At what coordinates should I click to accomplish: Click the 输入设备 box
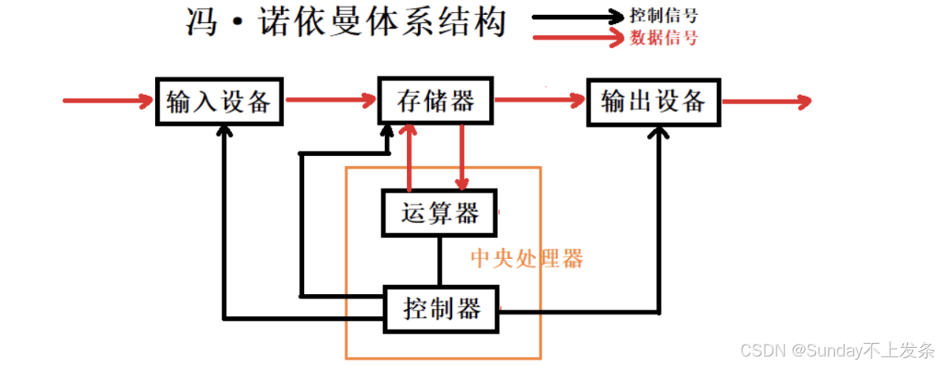point(218,101)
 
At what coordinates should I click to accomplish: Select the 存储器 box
point(436,101)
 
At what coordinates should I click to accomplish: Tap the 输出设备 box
point(653,101)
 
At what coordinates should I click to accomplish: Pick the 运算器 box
point(439,213)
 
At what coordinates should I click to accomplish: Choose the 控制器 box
point(442,308)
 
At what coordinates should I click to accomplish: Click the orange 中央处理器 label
point(526,259)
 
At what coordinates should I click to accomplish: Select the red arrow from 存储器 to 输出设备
point(539,101)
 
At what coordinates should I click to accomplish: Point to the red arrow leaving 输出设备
point(766,101)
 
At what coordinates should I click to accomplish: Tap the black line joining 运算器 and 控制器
point(440,261)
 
